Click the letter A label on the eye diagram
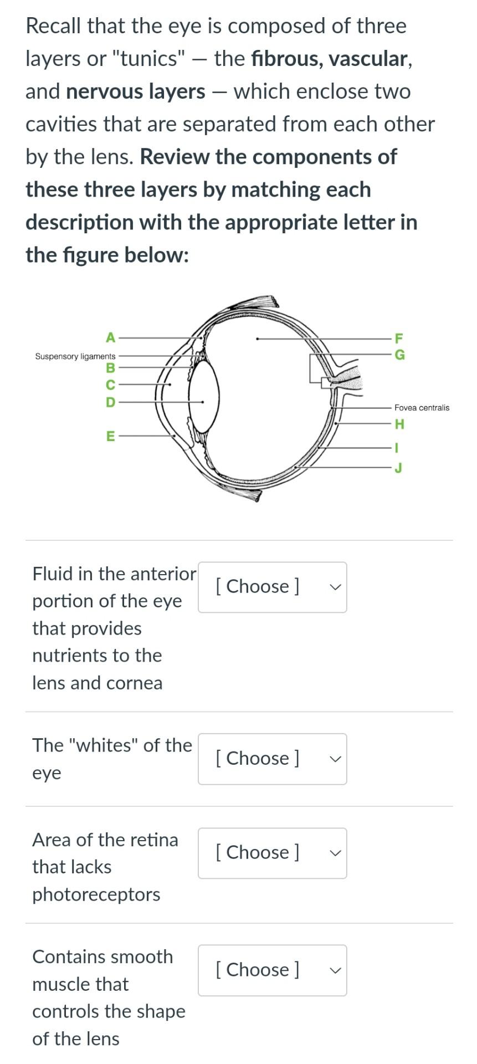click(111, 337)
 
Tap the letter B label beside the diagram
click(111, 368)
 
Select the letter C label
click(111, 385)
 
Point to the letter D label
click(111, 402)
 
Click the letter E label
click(111, 436)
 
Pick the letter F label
click(399, 337)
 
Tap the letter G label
click(399, 355)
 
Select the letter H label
click(399, 424)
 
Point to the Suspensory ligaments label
click(75, 356)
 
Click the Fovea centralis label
click(422, 408)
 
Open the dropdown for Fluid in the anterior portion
click(272, 587)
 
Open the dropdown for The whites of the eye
click(272, 759)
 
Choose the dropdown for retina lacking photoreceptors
click(272, 853)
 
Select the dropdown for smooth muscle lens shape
click(272, 970)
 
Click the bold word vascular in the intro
click(368, 59)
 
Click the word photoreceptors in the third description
click(96, 894)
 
